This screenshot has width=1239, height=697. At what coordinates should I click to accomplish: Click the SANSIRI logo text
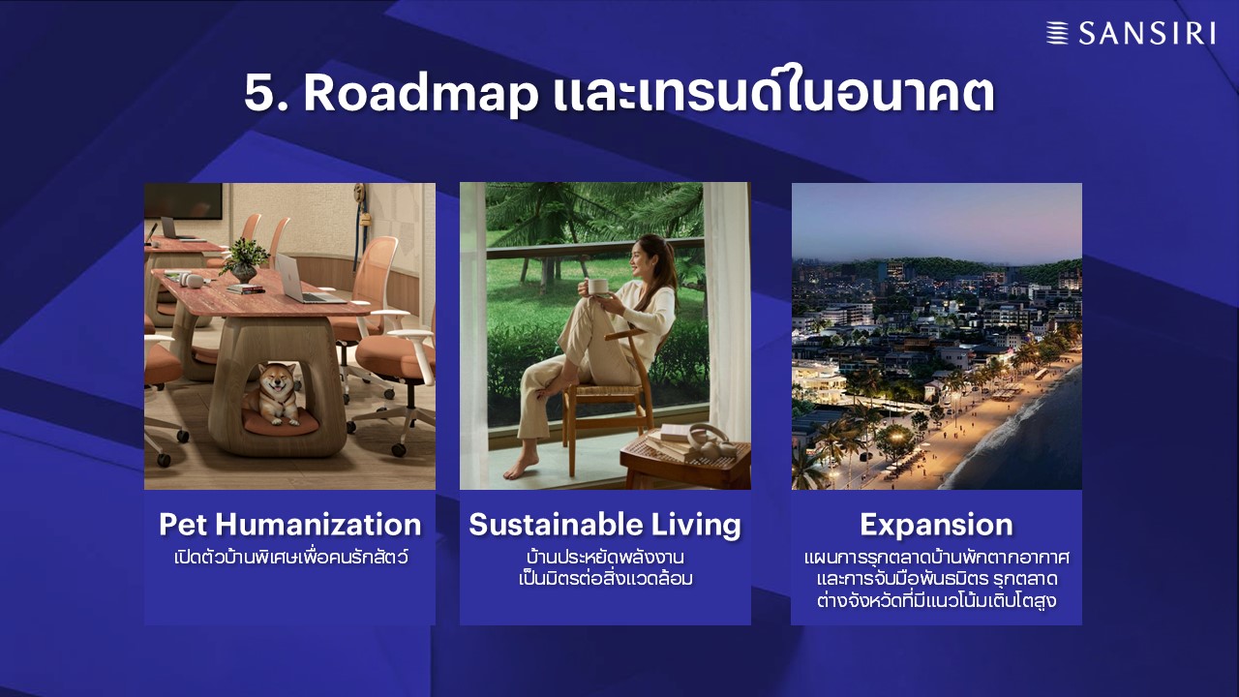(1147, 33)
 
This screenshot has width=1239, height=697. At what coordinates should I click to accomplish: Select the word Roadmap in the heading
(421, 93)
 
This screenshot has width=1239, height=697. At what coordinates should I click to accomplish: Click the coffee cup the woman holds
(597, 286)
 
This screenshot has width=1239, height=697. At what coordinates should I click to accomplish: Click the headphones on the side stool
(710, 440)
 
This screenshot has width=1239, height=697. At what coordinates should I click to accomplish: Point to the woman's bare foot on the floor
(521, 468)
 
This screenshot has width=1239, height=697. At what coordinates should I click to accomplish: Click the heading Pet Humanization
(289, 525)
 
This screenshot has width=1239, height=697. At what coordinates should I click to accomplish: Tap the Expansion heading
(936, 525)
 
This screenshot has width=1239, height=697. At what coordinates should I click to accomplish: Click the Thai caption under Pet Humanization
(291, 556)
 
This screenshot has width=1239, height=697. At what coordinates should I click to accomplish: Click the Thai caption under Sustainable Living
(606, 567)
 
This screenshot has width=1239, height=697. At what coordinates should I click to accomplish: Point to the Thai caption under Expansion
(936, 579)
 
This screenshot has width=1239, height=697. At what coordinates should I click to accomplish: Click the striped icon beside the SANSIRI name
(1057, 33)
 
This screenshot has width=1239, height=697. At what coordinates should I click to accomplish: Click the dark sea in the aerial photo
(1040, 442)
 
